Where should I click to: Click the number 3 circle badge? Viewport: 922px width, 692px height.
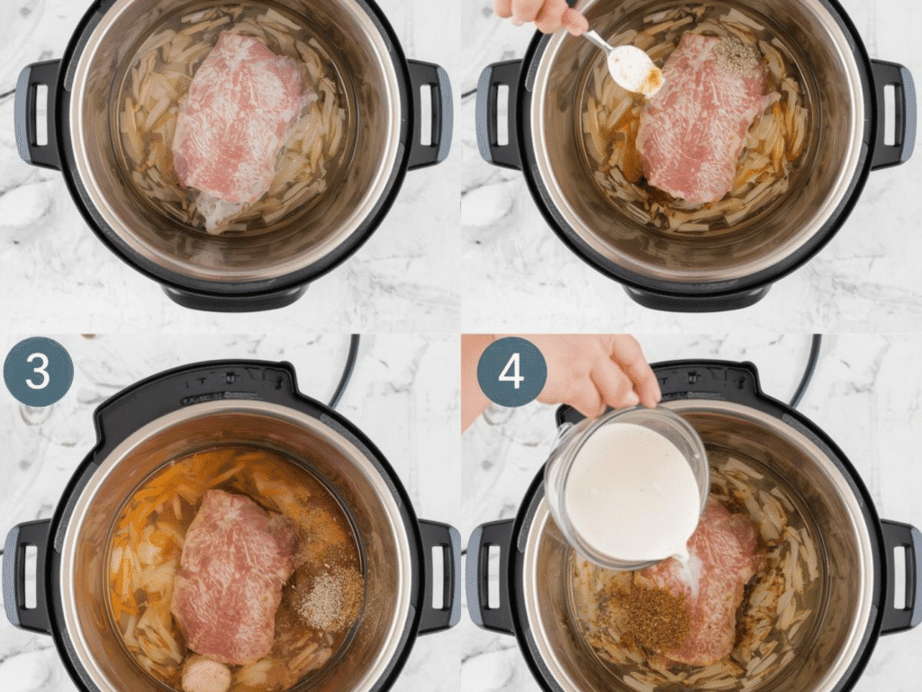tap(38, 372)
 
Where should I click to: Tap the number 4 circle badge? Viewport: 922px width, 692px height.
tap(511, 372)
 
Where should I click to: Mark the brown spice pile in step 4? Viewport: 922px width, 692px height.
tap(648, 616)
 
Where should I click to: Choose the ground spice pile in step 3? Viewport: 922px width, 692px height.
tap(330, 597)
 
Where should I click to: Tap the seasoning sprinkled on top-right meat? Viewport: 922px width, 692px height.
tap(737, 56)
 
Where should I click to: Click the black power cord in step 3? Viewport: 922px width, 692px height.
tap(345, 369)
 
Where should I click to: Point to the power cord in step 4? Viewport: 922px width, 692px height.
tap(806, 369)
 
